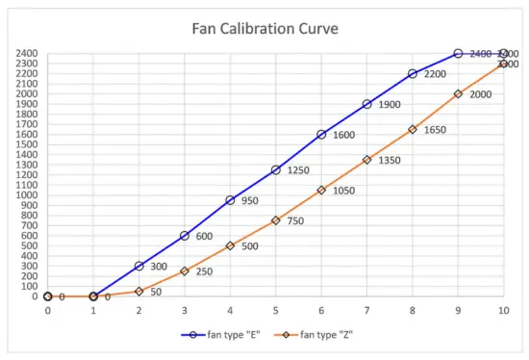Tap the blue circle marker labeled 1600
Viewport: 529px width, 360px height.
321,135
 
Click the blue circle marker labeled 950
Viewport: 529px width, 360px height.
230,200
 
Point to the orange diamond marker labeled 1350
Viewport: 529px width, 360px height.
366,160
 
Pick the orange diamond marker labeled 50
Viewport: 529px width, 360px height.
139,291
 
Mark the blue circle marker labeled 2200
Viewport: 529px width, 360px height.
413,74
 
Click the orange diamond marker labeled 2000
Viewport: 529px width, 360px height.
458,94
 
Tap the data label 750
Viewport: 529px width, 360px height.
295,220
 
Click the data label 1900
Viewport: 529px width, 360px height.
390,104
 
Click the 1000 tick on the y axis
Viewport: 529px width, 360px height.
27,195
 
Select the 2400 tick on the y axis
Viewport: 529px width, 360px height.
27,54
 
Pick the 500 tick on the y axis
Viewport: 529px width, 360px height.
30,245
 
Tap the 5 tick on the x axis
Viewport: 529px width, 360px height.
276,312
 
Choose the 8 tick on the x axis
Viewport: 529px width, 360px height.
413,312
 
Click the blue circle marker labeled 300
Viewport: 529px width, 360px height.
139,266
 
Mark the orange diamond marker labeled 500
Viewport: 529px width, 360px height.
230,245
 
